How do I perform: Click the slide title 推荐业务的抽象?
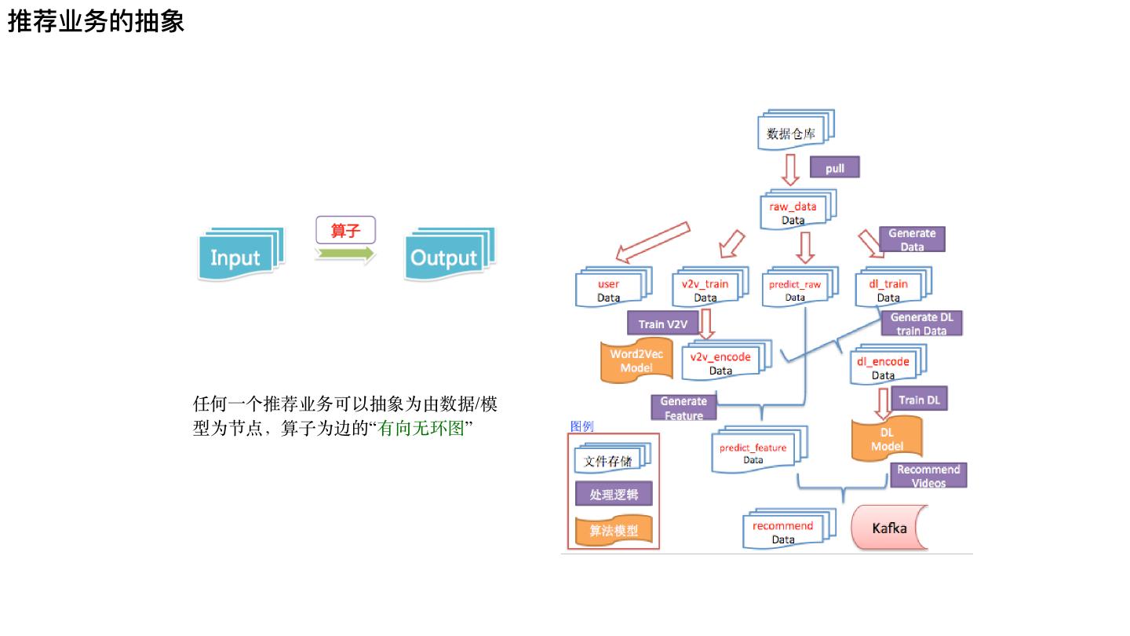tap(97, 22)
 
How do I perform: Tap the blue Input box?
tap(236, 257)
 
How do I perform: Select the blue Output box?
tap(447, 257)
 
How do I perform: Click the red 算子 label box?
tap(345, 230)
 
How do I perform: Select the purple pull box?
tap(835, 168)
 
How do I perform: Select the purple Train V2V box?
tap(663, 323)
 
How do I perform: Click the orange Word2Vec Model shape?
tap(636, 361)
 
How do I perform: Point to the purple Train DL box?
tap(919, 400)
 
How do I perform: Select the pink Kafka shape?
tap(889, 528)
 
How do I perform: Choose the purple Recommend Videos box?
tap(928, 475)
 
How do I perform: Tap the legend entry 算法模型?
tap(614, 531)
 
